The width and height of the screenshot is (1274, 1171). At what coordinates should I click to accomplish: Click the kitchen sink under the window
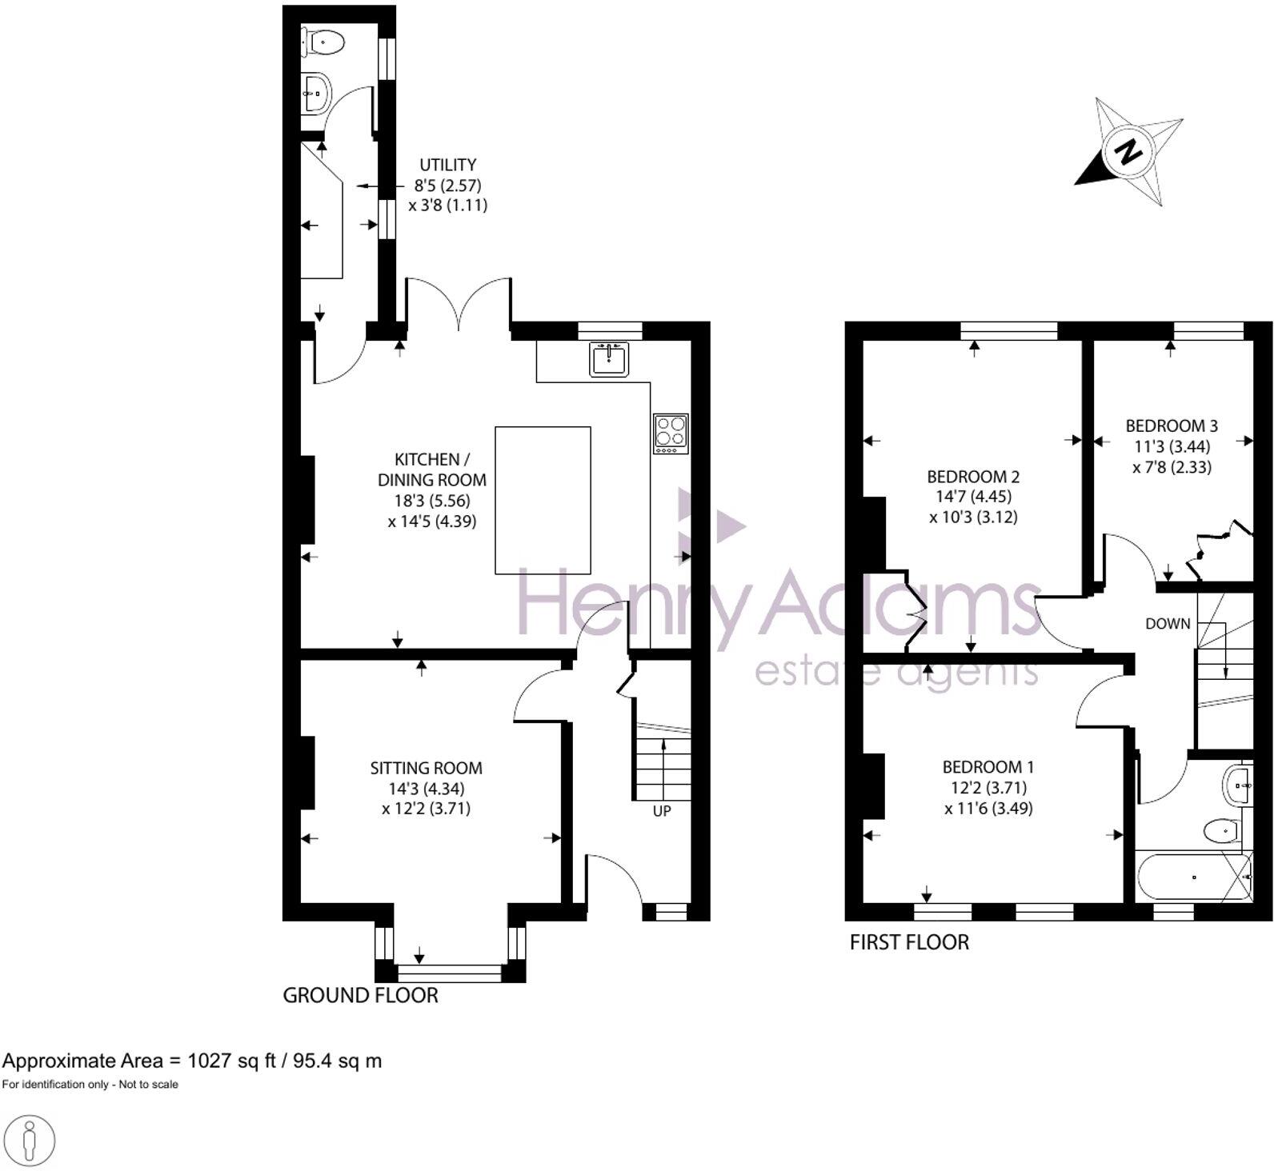click(610, 359)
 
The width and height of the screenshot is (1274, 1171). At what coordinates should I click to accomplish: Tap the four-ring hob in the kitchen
click(671, 433)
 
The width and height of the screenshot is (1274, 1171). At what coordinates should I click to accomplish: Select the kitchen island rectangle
click(543, 500)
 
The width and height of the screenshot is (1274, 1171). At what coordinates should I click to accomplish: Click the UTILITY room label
click(447, 165)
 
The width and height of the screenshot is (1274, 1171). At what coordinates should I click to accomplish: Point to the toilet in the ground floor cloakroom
click(325, 42)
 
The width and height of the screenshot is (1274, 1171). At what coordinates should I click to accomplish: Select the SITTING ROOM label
click(426, 768)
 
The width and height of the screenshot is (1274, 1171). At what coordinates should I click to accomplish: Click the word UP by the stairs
click(662, 810)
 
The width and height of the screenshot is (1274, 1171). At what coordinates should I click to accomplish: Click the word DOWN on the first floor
click(1168, 623)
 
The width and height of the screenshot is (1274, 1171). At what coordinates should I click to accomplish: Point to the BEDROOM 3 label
click(1172, 426)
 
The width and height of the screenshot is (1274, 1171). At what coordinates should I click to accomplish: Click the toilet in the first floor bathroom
click(1221, 830)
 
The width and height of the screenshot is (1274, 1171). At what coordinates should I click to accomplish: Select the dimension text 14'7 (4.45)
click(973, 497)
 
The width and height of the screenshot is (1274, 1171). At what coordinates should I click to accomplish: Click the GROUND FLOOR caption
click(360, 995)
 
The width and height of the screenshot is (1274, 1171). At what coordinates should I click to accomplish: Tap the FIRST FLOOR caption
click(909, 942)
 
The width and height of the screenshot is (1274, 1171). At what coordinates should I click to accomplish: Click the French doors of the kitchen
click(459, 304)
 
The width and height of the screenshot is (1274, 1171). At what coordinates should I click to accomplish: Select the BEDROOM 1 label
click(988, 767)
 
